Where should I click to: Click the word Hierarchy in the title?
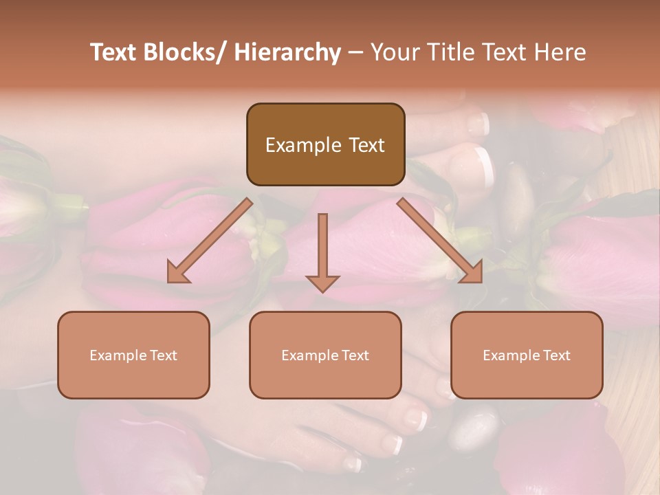[x=287, y=52]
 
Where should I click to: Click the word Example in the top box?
[x=294, y=145]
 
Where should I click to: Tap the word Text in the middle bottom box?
[x=355, y=355]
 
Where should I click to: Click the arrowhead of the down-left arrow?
[x=178, y=272]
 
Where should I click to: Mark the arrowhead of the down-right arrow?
[x=472, y=272]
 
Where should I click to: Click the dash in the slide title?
[x=355, y=53]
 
